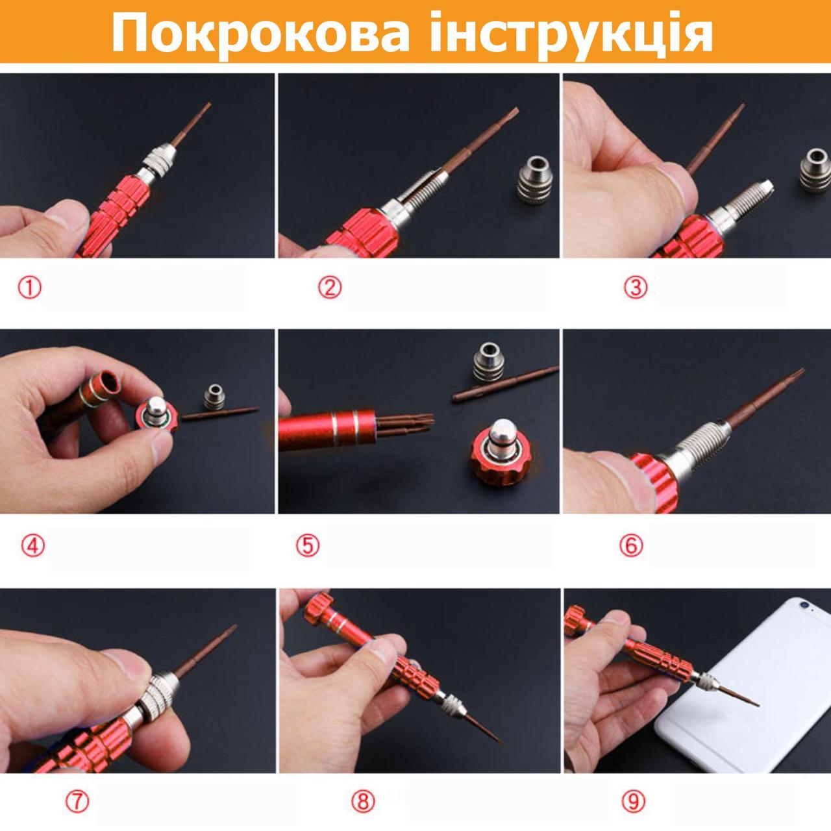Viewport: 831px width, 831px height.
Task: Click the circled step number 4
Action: tap(32, 547)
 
